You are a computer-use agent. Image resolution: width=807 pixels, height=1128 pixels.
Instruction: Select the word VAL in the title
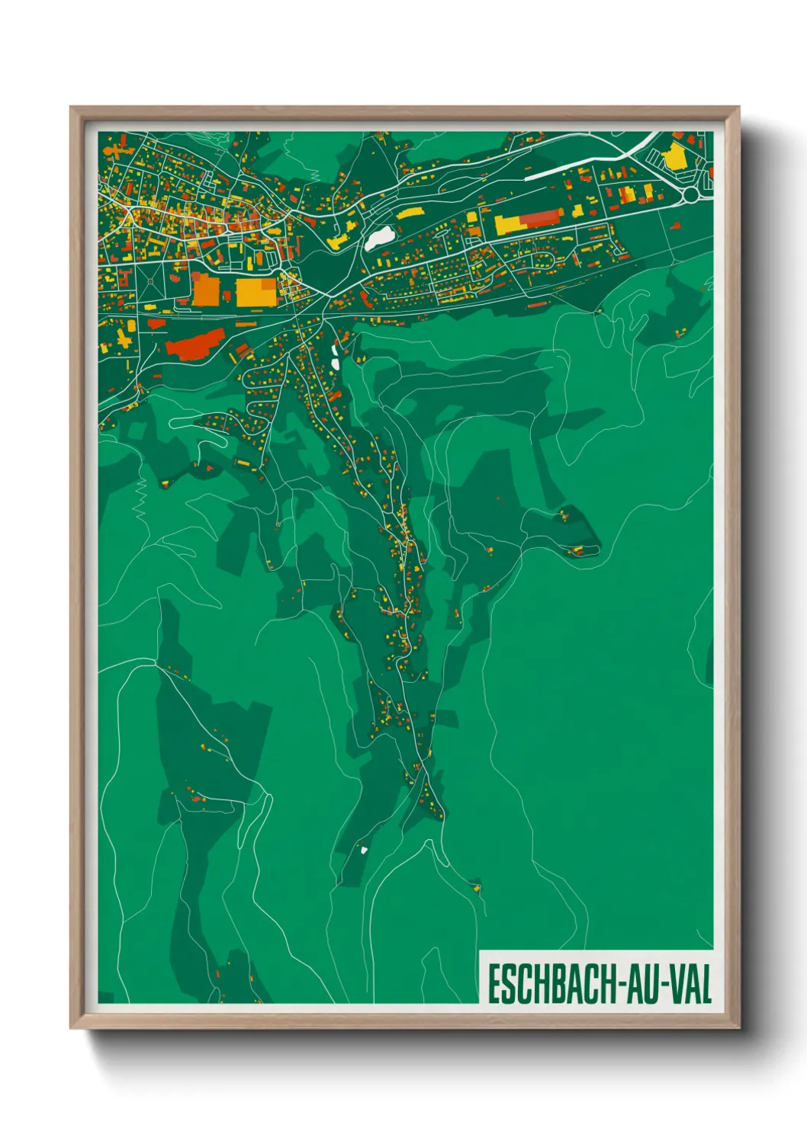click(690, 984)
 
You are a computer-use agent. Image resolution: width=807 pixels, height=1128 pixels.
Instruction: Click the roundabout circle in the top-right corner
click(690, 195)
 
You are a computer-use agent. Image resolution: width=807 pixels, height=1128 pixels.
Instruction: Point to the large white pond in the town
click(380, 238)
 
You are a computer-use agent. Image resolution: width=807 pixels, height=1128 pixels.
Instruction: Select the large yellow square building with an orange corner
click(256, 292)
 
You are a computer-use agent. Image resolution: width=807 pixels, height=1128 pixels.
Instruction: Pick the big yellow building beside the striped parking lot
click(674, 157)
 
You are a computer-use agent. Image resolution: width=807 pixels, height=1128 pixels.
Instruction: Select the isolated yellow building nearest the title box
click(477, 886)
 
